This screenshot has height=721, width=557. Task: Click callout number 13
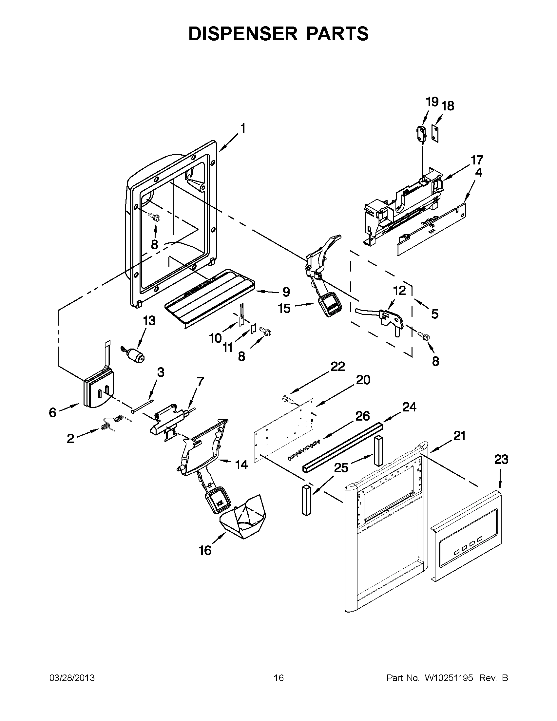[149, 320]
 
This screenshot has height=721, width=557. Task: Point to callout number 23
[501, 460]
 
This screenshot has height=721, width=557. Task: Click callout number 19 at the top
[432, 102]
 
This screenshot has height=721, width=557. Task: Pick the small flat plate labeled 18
[436, 133]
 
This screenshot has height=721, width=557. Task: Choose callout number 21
[459, 436]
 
